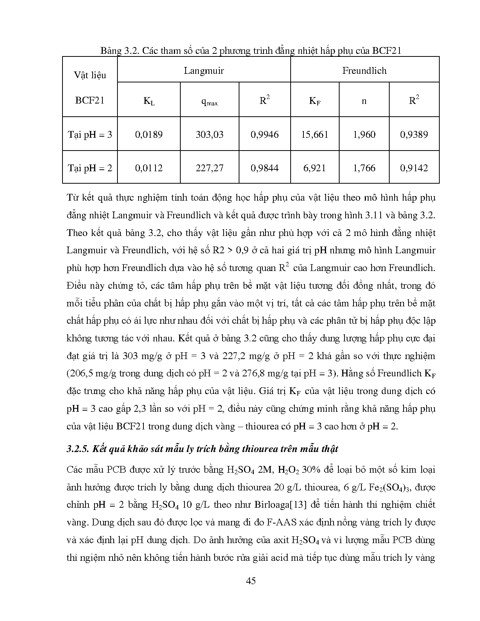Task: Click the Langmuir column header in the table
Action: [204, 71]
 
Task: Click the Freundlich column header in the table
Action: [364, 71]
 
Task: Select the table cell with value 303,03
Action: [209, 134]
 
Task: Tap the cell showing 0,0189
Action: [149, 134]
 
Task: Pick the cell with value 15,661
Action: [315, 134]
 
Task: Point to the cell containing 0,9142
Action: [414, 168]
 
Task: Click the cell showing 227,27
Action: [209, 168]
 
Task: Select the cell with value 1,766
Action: [364, 168]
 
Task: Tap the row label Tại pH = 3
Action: [90, 134]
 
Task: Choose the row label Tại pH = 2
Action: [90, 168]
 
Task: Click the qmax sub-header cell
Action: [209, 101]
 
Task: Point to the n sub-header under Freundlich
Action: [364, 101]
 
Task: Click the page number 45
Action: [251, 581]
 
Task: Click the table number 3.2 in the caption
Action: [131, 51]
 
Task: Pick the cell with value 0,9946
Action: [265, 134]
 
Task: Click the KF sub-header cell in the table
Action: [315, 101]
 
